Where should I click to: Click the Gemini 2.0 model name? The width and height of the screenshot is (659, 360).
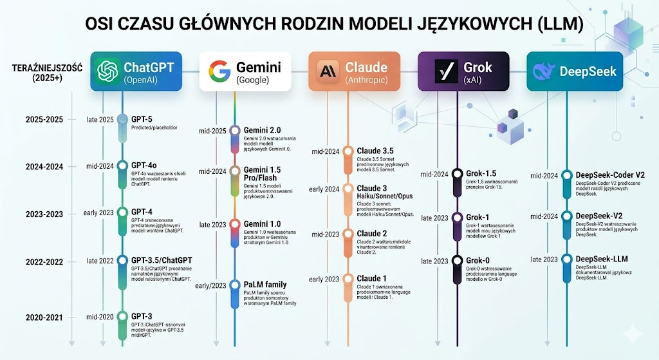(x=262, y=130)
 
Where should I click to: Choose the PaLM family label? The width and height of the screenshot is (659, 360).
(x=265, y=285)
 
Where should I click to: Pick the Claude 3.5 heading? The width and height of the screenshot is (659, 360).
(x=375, y=151)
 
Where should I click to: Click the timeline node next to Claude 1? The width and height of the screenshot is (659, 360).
(x=348, y=279)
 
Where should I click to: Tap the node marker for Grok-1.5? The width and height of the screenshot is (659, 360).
(x=458, y=174)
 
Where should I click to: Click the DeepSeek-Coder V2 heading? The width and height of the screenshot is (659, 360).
(x=610, y=175)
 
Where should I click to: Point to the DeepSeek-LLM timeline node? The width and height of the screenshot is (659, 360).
(x=567, y=260)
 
